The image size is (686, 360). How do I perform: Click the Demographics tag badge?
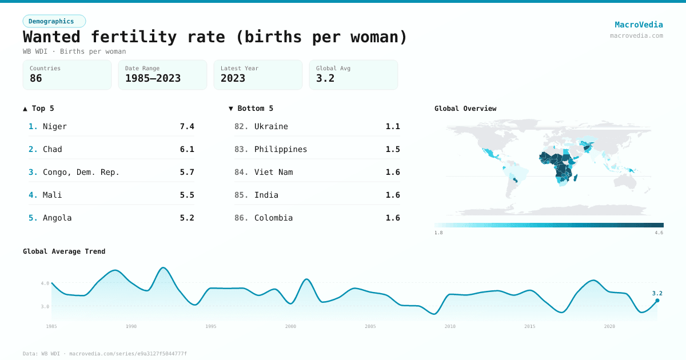(x=54, y=21)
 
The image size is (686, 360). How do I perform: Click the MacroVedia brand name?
(x=639, y=25)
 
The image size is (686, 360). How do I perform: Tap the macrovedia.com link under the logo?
(x=636, y=35)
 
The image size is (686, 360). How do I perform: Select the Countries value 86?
(x=36, y=78)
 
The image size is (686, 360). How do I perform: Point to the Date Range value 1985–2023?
(x=153, y=78)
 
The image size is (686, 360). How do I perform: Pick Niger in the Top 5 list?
(x=55, y=126)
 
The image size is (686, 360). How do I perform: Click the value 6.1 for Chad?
(x=187, y=149)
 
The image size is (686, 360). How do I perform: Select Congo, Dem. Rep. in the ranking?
(x=81, y=172)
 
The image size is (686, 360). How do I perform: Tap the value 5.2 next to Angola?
(x=187, y=218)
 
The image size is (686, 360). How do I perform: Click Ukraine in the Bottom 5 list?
(x=271, y=126)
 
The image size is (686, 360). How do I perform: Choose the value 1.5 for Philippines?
(x=393, y=149)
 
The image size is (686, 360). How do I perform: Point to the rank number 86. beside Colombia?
(x=241, y=218)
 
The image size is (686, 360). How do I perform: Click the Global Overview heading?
(x=465, y=109)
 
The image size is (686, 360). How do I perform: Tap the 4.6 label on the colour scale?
(x=659, y=233)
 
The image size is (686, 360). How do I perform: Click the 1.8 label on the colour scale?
(x=438, y=233)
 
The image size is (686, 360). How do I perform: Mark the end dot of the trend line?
(x=657, y=300)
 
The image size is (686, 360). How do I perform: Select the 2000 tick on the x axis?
(x=290, y=326)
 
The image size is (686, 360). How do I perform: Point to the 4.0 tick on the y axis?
(x=45, y=283)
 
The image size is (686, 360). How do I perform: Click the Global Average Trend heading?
(x=64, y=251)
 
